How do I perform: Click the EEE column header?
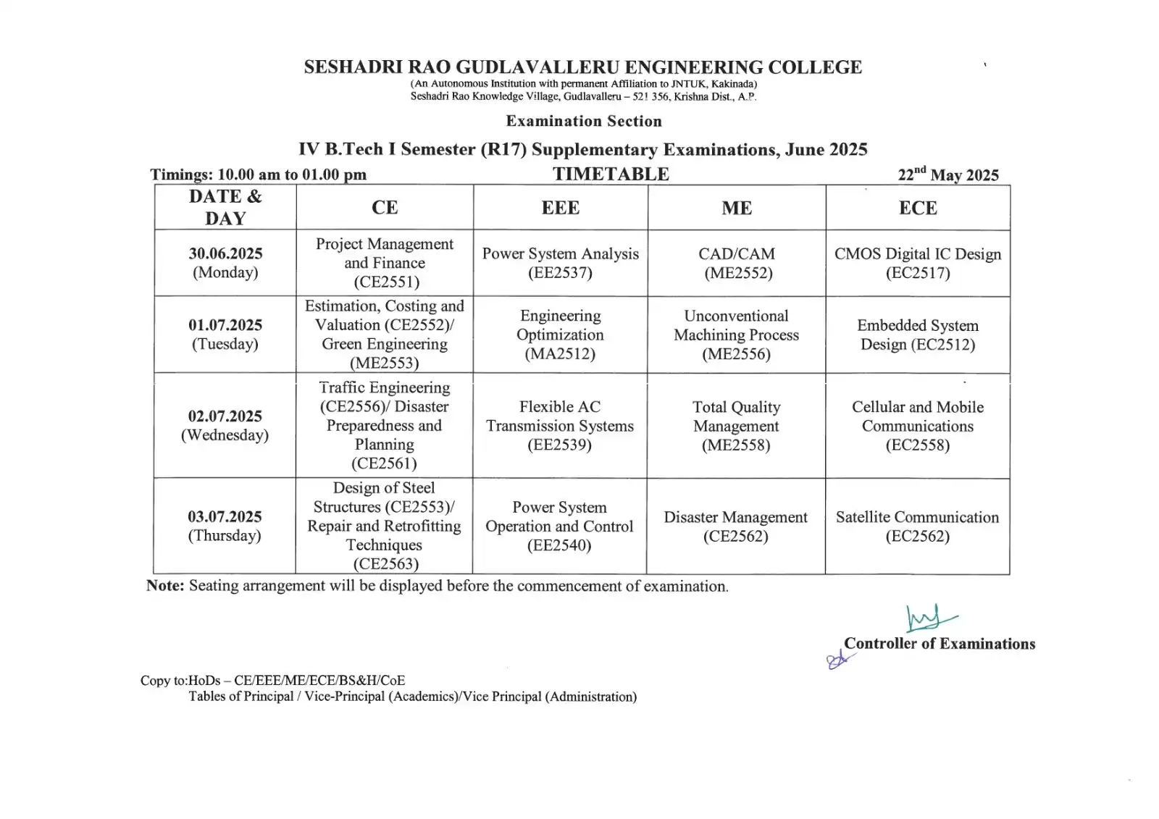560,208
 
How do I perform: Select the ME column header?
737,208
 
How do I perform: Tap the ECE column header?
918,208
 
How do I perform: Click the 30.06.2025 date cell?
225,263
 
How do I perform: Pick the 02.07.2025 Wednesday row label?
225,425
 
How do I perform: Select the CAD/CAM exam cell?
737,263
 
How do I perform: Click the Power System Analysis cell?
560,263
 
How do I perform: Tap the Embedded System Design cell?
918,335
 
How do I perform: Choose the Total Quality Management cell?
736,426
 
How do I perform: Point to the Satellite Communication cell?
917,526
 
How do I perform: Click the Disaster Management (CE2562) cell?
735,526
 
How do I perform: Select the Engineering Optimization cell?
560,335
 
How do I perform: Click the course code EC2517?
918,273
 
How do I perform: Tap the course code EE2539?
560,445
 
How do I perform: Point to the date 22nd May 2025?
948,175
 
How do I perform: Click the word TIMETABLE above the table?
611,175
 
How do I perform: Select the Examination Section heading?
584,121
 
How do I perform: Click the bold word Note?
165,586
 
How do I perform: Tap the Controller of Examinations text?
940,644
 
